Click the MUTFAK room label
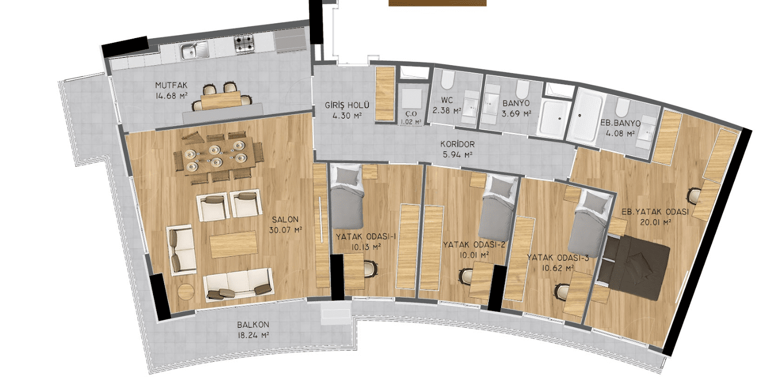click(172, 85)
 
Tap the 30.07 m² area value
click(286, 230)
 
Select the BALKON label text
click(253, 325)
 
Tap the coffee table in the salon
click(234, 244)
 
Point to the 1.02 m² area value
click(411, 122)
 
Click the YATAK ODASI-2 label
click(474, 245)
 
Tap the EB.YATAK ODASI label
click(655, 212)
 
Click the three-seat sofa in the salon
click(238, 284)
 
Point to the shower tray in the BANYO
click(551, 118)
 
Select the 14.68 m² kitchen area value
click(172, 96)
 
